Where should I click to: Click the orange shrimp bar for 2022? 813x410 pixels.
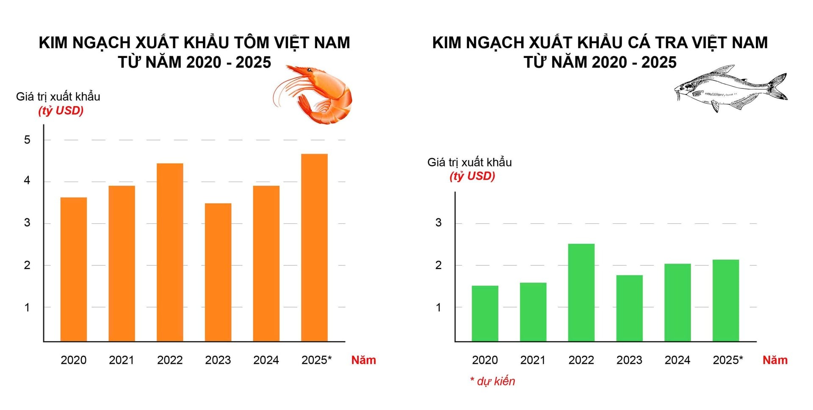pyautogui.click(x=170, y=252)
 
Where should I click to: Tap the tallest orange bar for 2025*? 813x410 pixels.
pyautogui.click(x=314, y=248)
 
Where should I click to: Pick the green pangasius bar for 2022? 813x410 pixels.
pyautogui.click(x=581, y=292)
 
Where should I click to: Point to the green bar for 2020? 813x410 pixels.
pyautogui.click(x=485, y=314)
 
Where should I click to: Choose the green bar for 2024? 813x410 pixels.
pyautogui.click(x=677, y=303)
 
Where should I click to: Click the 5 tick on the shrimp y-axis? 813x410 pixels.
pyautogui.click(x=27, y=140)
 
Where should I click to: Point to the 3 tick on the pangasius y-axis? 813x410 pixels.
pyautogui.click(x=438, y=223)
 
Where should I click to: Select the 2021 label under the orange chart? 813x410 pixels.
pyautogui.click(x=122, y=360)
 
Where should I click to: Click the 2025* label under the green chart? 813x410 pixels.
pyautogui.click(x=727, y=360)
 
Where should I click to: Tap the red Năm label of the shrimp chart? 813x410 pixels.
pyautogui.click(x=363, y=360)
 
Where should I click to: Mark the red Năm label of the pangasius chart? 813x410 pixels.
pyautogui.click(x=774, y=360)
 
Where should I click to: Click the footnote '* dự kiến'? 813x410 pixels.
pyautogui.click(x=492, y=381)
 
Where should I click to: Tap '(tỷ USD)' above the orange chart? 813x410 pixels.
pyautogui.click(x=61, y=111)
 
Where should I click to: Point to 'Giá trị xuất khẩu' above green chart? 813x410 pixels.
pyautogui.click(x=469, y=162)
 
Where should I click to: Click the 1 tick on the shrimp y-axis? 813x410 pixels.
pyautogui.click(x=27, y=308)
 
